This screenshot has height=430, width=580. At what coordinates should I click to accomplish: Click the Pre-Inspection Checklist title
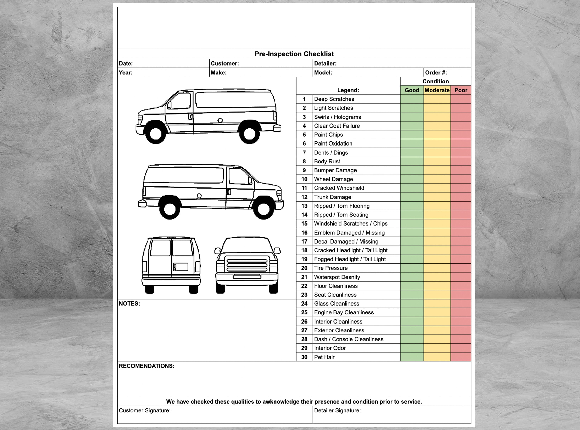click(294, 54)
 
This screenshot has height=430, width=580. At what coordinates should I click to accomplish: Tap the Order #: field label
click(436, 73)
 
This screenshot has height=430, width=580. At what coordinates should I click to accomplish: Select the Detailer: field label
click(325, 64)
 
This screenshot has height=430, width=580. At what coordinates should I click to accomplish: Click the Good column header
click(412, 90)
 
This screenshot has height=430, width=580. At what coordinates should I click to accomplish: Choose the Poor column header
click(461, 90)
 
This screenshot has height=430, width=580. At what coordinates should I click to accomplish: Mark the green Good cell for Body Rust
click(412, 161)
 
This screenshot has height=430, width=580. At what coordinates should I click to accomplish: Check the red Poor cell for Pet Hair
click(461, 357)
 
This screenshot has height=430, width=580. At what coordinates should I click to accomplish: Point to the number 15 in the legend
click(304, 224)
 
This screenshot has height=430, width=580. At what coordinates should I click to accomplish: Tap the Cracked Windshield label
click(339, 188)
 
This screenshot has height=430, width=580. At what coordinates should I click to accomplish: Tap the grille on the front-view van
click(247, 264)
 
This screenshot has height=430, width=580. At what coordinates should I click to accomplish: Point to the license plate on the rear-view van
click(181, 267)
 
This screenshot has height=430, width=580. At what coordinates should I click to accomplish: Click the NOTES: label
click(129, 304)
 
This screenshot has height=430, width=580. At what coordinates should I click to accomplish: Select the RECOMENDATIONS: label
click(147, 366)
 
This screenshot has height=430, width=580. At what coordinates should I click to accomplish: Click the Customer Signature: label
click(144, 410)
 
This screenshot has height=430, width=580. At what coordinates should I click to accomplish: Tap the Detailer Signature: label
click(337, 410)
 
